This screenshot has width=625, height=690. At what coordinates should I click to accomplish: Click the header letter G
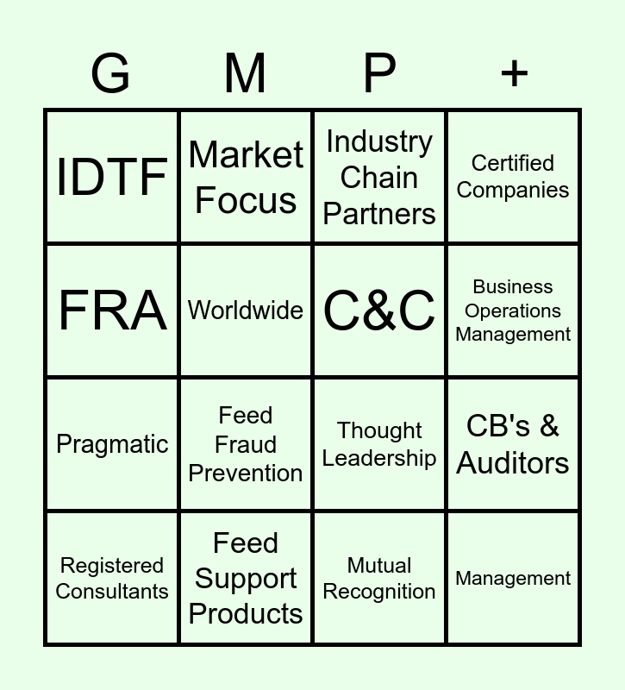[x=111, y=74]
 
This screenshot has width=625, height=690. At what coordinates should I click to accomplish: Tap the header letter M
[x=246, y=74]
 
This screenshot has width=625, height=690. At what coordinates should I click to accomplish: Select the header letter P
[x=379, y=74]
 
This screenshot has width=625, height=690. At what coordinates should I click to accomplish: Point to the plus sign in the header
[x=514, y=74]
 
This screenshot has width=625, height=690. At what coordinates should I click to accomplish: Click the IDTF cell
[x=112, y=177]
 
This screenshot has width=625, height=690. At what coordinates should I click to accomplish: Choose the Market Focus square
[x=246, y=177]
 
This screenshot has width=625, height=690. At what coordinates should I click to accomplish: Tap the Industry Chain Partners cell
[x=379, y=177]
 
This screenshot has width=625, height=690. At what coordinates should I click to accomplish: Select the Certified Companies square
[x=513, y=177]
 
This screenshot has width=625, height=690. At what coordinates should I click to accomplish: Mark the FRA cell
[x=112, y=310]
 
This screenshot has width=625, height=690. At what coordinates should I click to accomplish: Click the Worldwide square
[x=246, y=310]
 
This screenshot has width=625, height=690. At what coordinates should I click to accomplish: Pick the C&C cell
[x=379, y=310]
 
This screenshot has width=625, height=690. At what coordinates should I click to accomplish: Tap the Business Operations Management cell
[x=513, y=310]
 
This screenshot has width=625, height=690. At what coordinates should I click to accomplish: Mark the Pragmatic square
[x=112, y=444]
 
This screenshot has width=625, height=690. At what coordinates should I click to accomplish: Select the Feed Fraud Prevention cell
[x=246, y=444]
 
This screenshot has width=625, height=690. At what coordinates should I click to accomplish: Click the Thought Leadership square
[x=379, y=444]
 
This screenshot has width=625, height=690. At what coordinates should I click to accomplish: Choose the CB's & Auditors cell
[x=513, y=444]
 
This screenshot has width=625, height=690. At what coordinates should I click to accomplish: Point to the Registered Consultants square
[x=112, y=578]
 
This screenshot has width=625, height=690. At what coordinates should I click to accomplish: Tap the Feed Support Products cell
[x=246, y=578]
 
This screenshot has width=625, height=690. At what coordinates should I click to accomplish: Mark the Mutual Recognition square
[x=379, y=578]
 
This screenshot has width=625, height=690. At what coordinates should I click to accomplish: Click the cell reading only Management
[x=513, y=578]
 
